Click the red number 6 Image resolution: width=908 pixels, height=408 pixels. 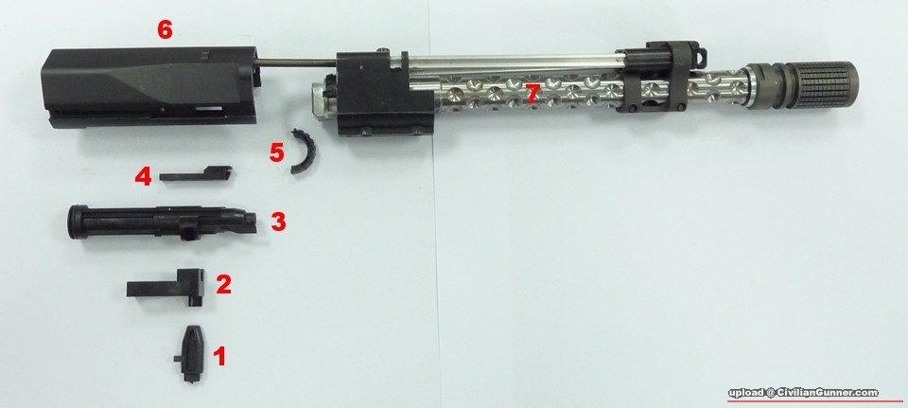click(x=165, y=29)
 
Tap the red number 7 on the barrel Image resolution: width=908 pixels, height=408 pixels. click(x=533, y=95)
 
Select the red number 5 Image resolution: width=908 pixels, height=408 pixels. click(x=277, y=153)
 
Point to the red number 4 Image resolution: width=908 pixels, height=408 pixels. click(x=143, y=176)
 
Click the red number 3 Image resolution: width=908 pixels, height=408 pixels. click(x=278, y=222)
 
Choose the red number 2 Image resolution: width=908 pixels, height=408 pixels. click(x=223, y=284)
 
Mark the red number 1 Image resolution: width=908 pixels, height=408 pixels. click(x=219, y=357)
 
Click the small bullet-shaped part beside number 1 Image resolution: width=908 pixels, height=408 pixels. click(x=189, y=353)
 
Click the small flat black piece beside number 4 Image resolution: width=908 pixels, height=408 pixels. click(x=196, y=174)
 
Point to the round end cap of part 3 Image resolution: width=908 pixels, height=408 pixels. click(x=76, y=222)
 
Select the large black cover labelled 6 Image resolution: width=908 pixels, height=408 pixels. click(x=150, y=87)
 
